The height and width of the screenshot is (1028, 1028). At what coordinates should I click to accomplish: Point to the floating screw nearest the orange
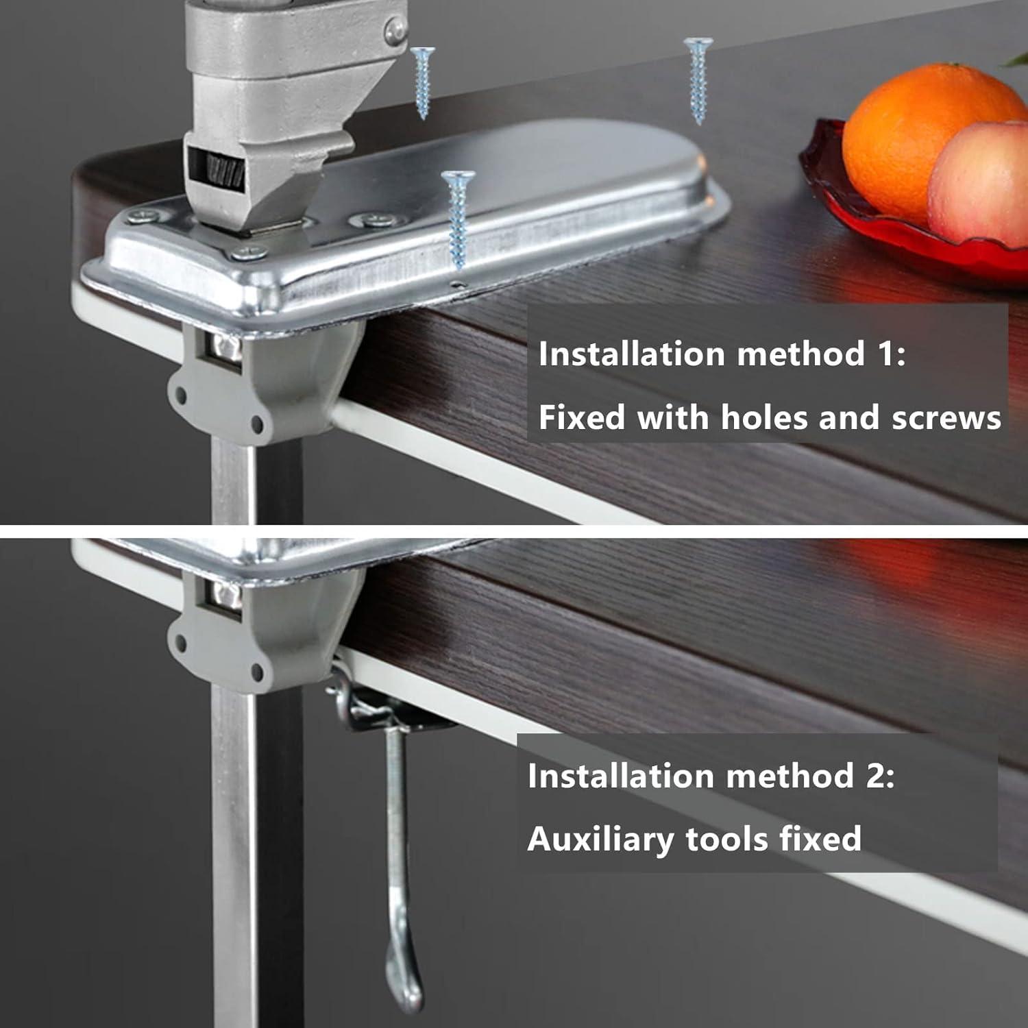[698, 79]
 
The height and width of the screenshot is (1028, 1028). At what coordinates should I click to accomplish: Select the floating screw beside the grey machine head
[422, 81]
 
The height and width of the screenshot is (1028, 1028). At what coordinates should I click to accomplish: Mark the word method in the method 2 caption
[788, 776]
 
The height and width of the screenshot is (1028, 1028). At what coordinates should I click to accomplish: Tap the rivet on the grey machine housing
[395, 29]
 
